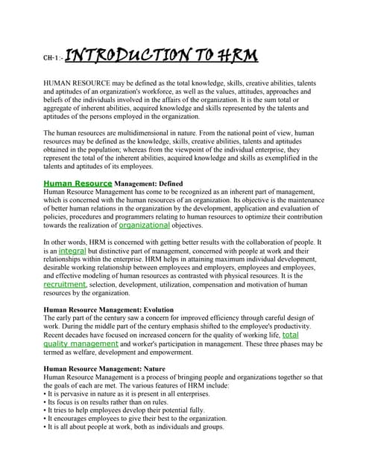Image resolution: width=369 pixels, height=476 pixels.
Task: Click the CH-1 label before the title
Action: [52, 57]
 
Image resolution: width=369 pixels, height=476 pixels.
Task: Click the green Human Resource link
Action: [78, 182]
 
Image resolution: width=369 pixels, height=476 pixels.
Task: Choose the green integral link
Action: [72, 251]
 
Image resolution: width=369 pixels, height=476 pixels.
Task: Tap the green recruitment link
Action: [65, 284]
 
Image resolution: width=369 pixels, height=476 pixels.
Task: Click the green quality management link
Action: [81, 344]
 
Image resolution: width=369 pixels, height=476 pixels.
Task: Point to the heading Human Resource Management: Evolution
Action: [109, 309]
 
